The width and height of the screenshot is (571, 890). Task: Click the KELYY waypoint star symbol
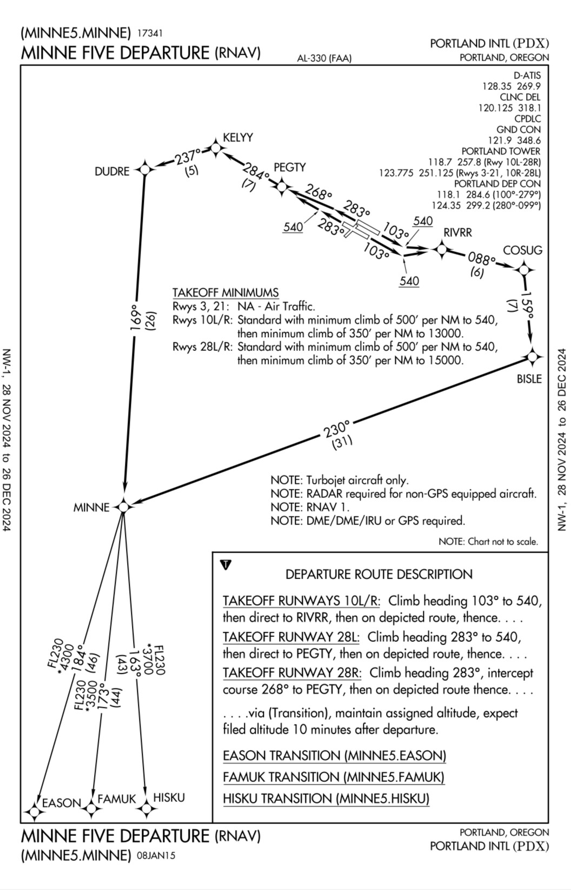pyautogui.click(x=216, y=149)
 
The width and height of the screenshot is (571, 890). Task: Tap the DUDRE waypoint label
pyautogui.click(x=112, y=171)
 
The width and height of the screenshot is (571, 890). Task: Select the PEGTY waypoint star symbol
pyautogui.click(x=282, y=187)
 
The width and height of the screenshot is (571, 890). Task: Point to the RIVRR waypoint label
pyautogui.click(x=457, y=233)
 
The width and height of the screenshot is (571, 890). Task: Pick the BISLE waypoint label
pyautogui.click(x=529, y=378)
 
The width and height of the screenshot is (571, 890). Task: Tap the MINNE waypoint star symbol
pyautogui.click(x=123, y=507)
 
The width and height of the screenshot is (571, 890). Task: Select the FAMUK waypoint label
pyautogui.click(x=117, y=799)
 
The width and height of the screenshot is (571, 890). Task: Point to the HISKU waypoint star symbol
pyautogui.click(x=146, y=809)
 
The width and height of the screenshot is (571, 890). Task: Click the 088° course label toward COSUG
pyautogui.click(x=481, y=259)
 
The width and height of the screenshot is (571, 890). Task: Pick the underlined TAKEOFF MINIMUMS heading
pyautogui.click(x=225, y=293)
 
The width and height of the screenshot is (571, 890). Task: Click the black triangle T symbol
pyautogui.click(x=226, y=564)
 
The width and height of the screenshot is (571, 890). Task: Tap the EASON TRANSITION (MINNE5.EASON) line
pyautogui.click(x=334, y=755)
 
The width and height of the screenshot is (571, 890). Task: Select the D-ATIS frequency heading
pyautogui.click(x=527, y=76)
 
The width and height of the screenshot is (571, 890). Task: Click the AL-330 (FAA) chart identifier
pyautogui.click(x=324, y=58)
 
